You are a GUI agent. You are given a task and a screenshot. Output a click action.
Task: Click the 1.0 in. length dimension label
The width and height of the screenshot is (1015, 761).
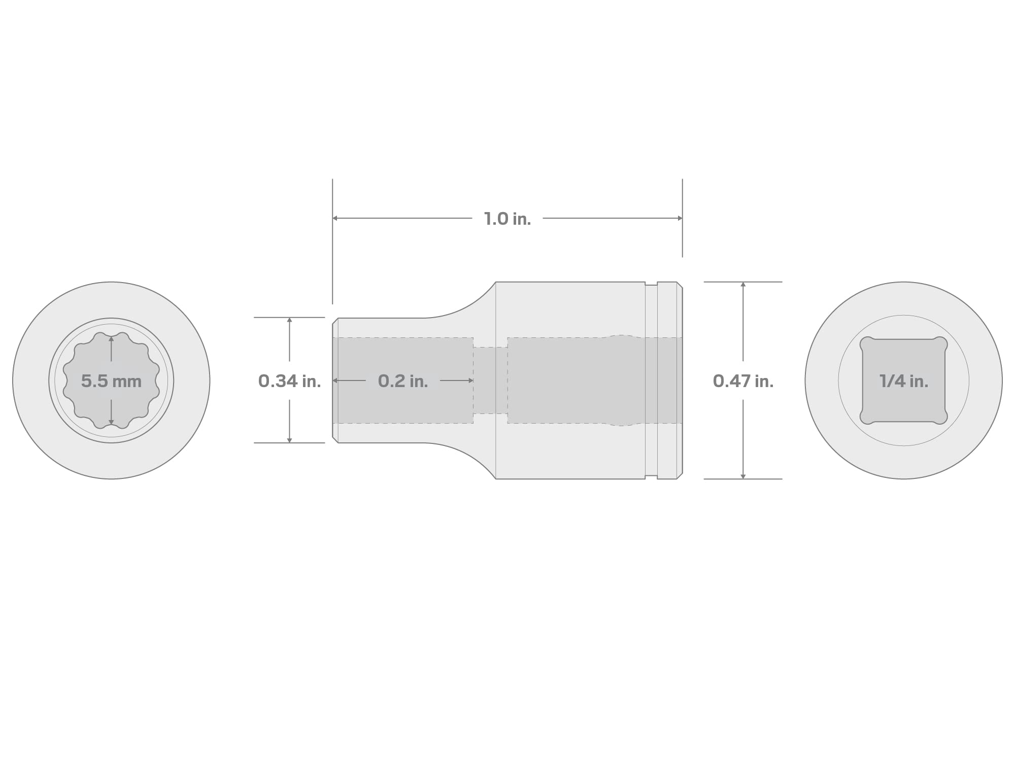coord(507,219)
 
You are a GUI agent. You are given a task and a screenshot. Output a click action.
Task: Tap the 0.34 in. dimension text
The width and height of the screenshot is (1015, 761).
coord(289,381)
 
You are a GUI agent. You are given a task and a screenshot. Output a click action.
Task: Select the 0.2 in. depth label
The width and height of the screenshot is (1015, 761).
coord(403,381)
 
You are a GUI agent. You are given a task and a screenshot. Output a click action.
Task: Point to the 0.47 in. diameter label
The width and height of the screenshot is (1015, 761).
coord(743,381)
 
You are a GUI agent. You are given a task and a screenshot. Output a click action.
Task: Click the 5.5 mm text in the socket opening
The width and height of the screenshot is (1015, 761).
coord(111,381)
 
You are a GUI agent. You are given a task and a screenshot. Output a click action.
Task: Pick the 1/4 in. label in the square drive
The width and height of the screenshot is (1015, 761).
coord(904,381)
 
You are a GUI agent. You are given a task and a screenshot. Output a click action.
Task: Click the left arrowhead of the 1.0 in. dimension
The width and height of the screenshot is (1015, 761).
coord(335,218)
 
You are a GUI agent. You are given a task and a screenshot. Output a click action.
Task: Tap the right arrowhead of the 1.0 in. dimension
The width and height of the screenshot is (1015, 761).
coord(680,218)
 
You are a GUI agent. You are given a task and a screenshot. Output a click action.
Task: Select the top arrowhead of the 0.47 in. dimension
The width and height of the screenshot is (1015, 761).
coord(743,285)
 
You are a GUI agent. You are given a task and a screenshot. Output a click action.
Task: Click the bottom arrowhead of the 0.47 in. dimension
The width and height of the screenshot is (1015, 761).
coord(743,476)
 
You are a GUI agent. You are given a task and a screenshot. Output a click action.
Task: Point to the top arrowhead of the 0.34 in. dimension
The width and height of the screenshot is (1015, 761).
coord(289,321)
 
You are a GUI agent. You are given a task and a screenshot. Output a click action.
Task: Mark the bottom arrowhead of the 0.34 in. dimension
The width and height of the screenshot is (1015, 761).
coord(289,440)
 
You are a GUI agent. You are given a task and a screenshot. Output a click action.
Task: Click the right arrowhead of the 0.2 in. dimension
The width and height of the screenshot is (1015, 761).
coord(470,380)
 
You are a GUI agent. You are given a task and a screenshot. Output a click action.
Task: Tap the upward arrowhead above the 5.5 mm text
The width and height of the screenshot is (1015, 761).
coord(111,338)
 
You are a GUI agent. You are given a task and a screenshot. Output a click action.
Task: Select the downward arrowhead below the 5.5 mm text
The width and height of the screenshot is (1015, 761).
coord(111,422)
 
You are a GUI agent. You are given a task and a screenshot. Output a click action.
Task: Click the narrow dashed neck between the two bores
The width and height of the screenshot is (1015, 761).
coord(490,380)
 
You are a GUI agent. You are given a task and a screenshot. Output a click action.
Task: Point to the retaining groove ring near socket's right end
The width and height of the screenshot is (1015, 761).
coord(651,380)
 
